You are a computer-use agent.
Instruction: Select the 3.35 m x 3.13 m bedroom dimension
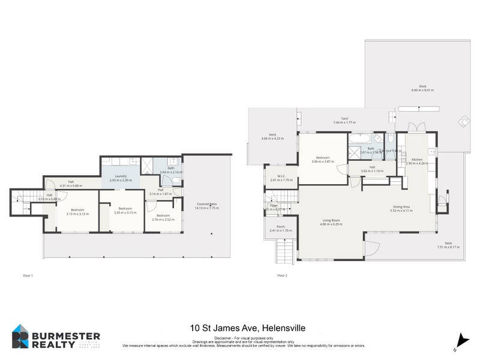pos(122,212)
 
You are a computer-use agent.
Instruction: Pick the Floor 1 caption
pos(28,275)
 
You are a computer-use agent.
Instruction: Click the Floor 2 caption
pos(282,275)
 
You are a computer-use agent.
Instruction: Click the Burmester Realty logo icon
pos(22,337)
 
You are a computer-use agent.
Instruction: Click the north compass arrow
pos(458,340)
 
